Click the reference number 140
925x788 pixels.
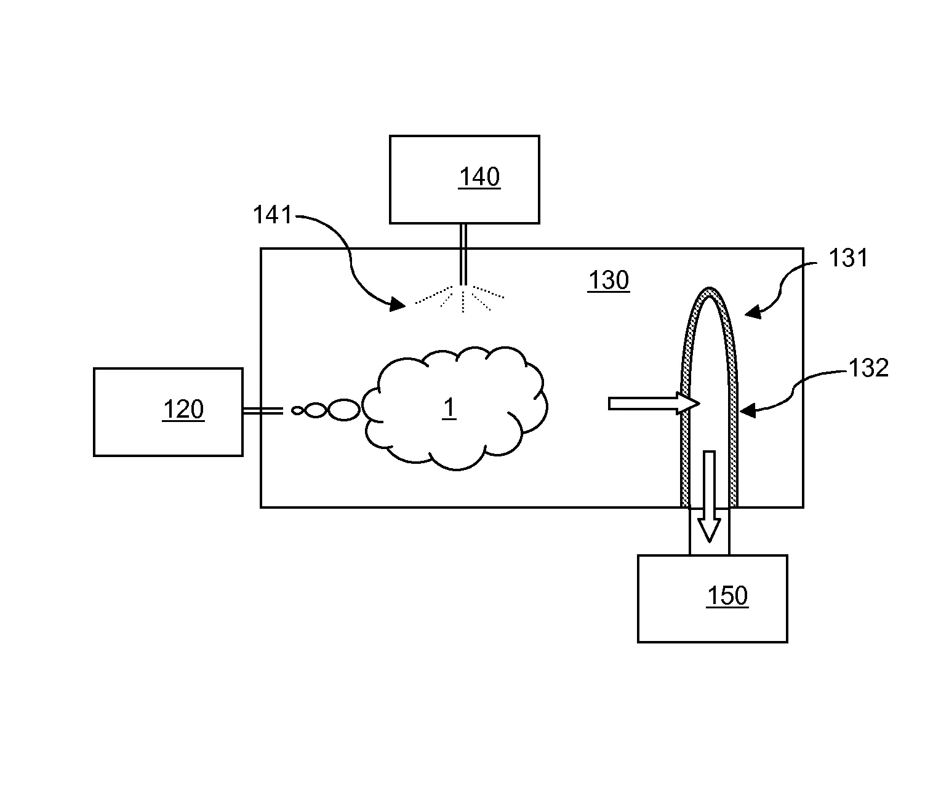pos(479,177)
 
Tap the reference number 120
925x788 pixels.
pos(183,409)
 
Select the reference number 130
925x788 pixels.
pos(609,281)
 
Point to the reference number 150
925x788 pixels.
pos(727,595)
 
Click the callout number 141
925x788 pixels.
pos(273,216)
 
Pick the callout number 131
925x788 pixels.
pos(848,258)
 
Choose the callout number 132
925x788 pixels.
pos(868,368)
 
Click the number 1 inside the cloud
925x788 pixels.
pos(450,408)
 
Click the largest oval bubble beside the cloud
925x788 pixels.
pos(343,410)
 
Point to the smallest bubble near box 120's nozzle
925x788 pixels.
pos(298,410)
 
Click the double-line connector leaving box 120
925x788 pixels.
pos(263,410)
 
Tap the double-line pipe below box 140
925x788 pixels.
pos(463,253)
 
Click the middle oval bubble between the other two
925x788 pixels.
pos(314,410)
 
